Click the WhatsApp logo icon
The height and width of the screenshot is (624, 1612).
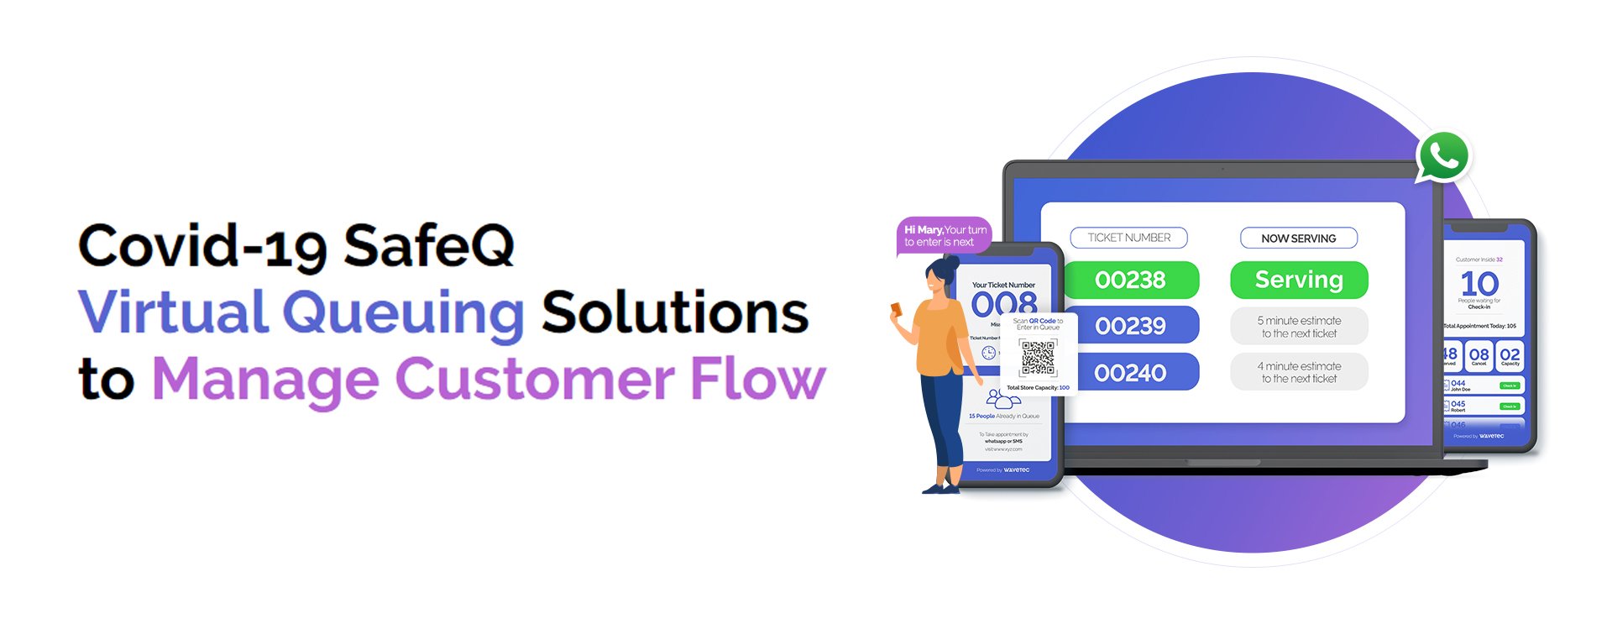1443,156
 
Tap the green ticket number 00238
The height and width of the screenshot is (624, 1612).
1130,280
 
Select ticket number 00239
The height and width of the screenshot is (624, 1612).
1130,326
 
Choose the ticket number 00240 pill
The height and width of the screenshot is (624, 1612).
1130,372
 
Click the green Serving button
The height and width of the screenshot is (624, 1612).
1299,280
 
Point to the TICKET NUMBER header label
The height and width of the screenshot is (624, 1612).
1128,238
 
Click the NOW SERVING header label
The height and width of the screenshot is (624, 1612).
1298,239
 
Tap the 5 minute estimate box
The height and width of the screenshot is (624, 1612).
1299,327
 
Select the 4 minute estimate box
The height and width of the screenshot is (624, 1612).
1299,372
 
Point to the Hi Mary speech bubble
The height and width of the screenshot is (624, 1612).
945,235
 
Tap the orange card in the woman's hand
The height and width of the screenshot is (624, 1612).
896,309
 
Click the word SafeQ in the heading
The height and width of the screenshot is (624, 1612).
428,246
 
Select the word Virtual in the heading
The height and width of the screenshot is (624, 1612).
173,312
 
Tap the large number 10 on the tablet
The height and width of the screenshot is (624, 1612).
1479,283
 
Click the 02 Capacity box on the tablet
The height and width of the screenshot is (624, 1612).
1510,356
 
